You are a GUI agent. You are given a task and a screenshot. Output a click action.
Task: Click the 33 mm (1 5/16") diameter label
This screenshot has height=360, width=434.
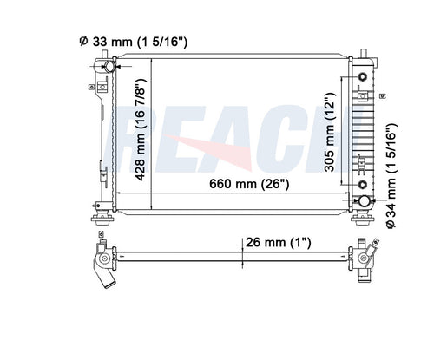pos(134,42)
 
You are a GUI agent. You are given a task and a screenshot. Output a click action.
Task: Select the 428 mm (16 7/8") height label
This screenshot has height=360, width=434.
pos(141,129)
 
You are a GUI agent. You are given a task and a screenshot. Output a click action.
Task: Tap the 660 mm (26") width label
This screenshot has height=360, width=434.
pos(249,184)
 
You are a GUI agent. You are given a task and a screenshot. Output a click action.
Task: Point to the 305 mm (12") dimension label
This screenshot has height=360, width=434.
pos(329,132)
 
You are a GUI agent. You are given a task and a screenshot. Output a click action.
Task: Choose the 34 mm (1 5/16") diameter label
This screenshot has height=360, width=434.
pos(391,176)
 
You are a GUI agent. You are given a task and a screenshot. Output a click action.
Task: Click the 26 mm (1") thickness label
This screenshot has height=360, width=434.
pos(279,242)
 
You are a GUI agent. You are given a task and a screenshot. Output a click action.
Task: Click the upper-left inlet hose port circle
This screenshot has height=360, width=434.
pos(110,67)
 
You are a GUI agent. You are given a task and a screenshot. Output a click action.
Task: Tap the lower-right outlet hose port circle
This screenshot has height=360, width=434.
pos(365,201)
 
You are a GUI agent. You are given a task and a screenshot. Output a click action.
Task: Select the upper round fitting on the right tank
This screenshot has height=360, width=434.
pos(362,77)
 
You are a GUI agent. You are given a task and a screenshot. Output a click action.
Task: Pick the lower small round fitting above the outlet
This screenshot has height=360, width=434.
pos(363,184)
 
